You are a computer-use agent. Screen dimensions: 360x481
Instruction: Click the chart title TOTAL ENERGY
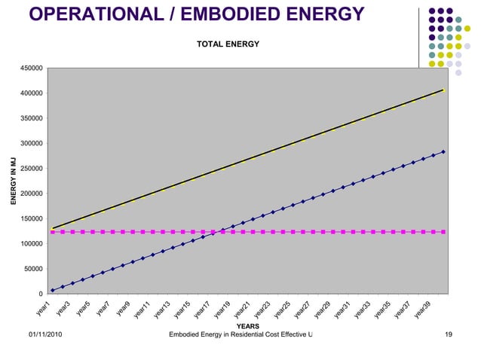coord(228,44)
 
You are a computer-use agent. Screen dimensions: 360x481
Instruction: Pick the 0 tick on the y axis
coord(41,294)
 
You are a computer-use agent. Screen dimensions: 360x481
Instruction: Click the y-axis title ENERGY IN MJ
coord(13,181)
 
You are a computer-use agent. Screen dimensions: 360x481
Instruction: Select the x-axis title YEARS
coord(248,326)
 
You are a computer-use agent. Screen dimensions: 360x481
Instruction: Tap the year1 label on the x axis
coord(43,307)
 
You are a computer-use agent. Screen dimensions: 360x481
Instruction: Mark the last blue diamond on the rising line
coord(443,151)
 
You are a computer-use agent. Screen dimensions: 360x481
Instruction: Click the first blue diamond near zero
coord(52,290)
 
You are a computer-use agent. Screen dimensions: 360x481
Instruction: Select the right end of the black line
coord(443,90)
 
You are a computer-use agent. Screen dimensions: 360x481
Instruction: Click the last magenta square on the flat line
coord(443,232)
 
